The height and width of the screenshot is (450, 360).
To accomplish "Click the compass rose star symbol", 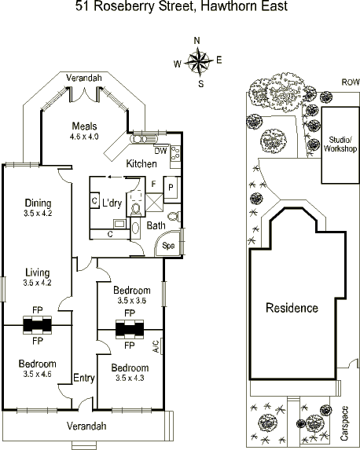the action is pos(199,61).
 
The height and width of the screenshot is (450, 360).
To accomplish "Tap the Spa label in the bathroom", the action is pos(168,246).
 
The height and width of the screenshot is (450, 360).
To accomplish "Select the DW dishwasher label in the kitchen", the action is pos(160,151).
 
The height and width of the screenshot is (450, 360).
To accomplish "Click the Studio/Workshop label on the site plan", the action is pos(340,145).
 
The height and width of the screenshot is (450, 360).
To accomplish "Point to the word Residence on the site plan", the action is pos(292,308).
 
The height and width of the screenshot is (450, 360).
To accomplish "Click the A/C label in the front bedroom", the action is pos(156,346).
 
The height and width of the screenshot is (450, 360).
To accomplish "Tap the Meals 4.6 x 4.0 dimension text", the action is pos(84,137).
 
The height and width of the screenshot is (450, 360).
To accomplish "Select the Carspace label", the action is pos(344,423).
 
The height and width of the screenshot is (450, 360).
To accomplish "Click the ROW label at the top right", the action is pos(351,82).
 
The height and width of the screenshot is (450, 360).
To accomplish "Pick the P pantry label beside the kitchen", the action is pos(171,188).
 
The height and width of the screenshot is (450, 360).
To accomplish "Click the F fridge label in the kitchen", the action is pos(154,184).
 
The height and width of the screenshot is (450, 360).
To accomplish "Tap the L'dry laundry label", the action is pos(112,203).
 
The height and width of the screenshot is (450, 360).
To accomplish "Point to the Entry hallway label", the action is pos(84,378).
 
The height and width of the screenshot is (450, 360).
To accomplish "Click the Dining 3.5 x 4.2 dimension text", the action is pos(38,214).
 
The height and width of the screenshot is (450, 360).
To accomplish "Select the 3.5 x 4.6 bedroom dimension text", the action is pos(38,374).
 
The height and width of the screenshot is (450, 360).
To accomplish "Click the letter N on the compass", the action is pos(197,41).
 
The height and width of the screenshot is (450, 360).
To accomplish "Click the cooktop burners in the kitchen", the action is pos(175,153).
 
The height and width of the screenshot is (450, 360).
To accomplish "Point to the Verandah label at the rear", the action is pos(84,78).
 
